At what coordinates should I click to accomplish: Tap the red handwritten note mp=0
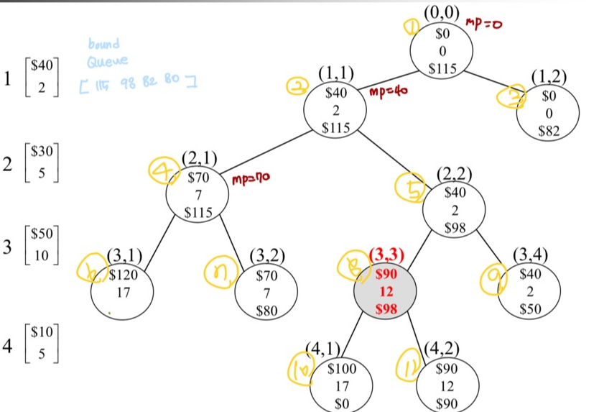pos(485,24)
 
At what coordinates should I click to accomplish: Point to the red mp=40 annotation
pos(388,92)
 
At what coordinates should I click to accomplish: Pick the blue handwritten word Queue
pos(107,60)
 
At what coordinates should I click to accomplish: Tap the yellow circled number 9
pos(491,276)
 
